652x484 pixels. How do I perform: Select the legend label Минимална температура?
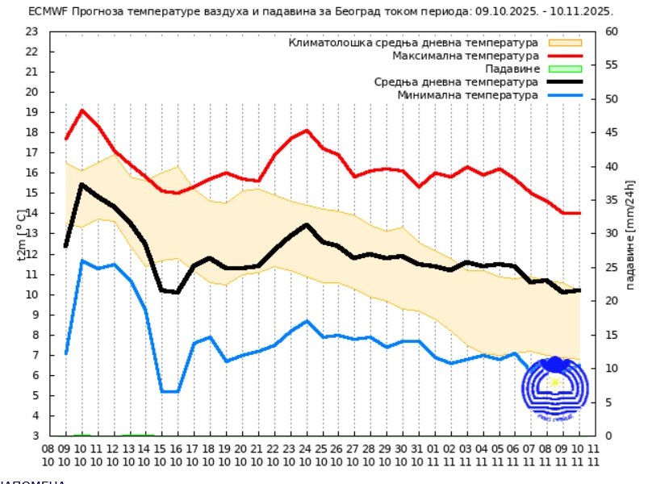[x=467, y=95]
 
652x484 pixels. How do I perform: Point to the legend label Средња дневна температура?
[x=456, y=82]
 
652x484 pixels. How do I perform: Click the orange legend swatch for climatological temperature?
[x=565, y=43]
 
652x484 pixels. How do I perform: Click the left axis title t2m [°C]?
[x=22, y=234]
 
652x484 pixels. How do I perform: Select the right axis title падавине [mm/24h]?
[x=629, y=234]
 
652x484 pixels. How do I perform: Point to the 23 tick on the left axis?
[x=32, y=31]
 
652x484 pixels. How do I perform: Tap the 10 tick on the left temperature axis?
[x=32, y=294]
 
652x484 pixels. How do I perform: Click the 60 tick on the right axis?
[x=612, y=31]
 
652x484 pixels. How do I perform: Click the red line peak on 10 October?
[x=81, y=110]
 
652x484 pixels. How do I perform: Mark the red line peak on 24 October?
[x=307, y=130]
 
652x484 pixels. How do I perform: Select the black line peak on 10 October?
[x=81, y=184]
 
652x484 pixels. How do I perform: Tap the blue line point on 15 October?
[x=161, y=391]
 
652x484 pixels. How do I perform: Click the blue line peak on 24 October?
[x=307, y=321]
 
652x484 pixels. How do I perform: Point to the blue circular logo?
[x=554, y=388]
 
